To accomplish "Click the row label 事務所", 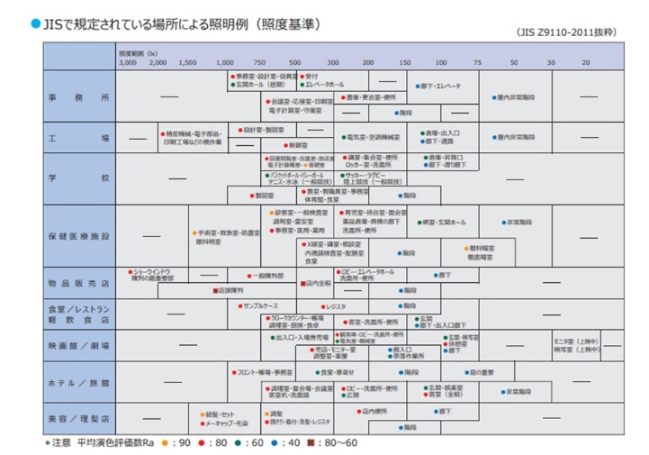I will (x=79, y=96).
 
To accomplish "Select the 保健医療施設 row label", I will (x=79, y=237).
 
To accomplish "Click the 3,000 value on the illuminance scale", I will (x=127, y=63).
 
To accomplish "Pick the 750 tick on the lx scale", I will (x=258, y=63).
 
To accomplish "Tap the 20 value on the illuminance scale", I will (x=586, y=63).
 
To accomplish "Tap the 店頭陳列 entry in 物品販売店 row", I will (x=229, y=292).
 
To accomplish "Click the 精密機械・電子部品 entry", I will (x=190, y=132).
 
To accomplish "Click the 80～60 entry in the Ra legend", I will (x=343, y=443).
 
